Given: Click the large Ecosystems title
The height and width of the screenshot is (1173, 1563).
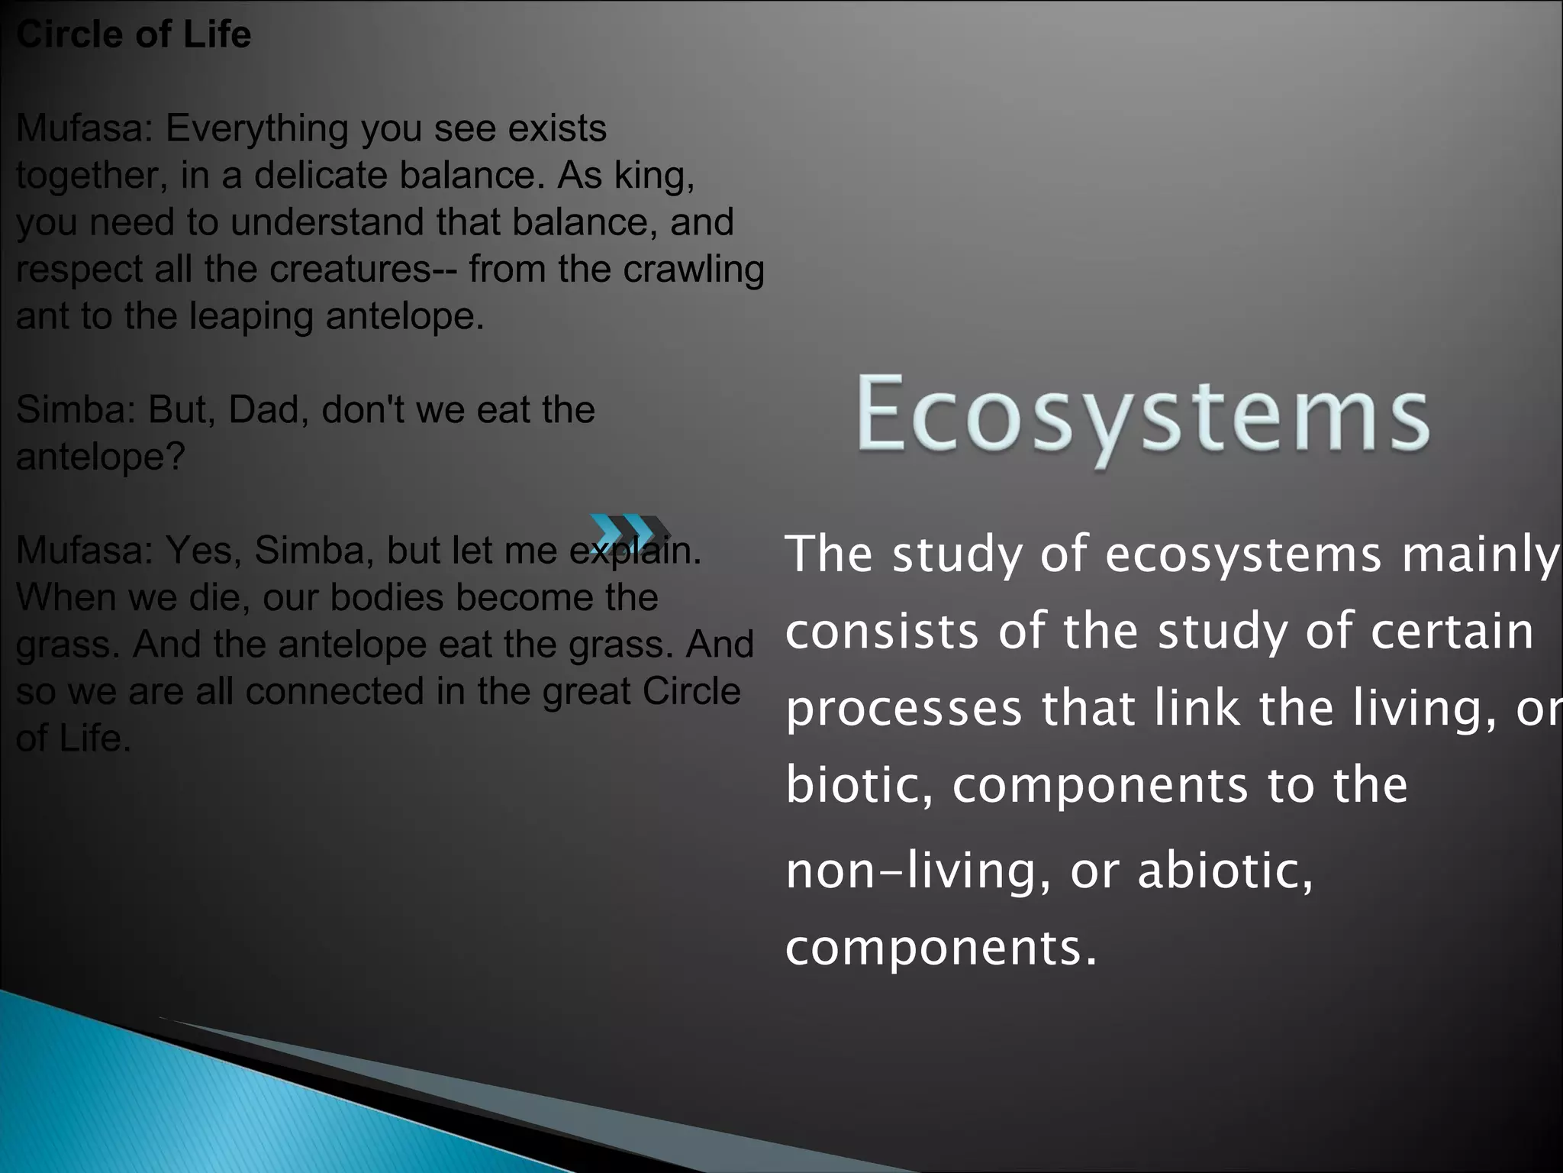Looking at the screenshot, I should tap(1142, 414).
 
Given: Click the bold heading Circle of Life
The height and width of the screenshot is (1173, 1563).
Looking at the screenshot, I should tap(134, 35).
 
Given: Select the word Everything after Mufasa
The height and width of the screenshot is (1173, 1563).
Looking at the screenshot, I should tap(256, 128).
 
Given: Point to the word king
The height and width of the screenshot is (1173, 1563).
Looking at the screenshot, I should tap(653, 176).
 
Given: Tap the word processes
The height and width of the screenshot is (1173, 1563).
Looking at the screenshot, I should tap(904, 709).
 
